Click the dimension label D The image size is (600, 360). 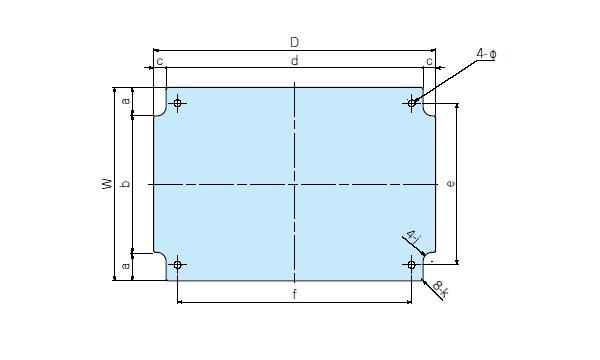[294, 42]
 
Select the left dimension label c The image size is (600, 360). [160, 61]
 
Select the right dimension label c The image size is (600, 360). [429, 61]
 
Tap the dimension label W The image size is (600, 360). [108, 184]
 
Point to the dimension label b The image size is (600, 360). [126, 184]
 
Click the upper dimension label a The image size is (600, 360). [126, 101]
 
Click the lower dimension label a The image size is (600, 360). [126, 265]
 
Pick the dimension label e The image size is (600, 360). [451, 184]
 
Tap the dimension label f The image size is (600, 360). [294, 294]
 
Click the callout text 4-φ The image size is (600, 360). [486, 54]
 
